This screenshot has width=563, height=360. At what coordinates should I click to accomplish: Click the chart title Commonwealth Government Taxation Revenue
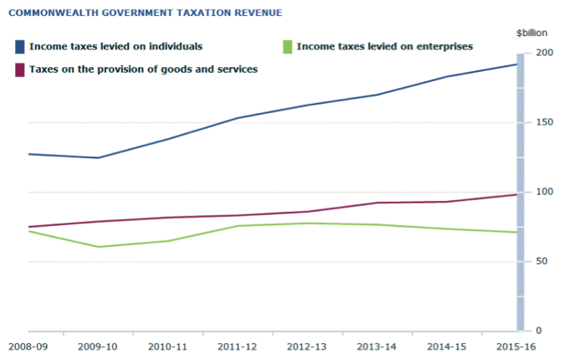pos(143,13)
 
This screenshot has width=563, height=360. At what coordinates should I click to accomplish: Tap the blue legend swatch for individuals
pos(19,46)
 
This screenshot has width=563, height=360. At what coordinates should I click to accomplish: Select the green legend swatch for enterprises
pos(287,46)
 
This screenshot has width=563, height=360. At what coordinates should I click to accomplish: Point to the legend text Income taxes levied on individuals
pos(115,46)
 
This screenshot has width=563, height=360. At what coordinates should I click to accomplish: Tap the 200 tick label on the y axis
pos(544,53)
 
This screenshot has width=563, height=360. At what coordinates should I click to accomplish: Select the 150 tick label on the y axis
pos(544,122)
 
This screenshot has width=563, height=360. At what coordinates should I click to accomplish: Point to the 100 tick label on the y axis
pos(544,192)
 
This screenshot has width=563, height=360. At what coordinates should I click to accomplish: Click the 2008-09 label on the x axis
pos(28,345)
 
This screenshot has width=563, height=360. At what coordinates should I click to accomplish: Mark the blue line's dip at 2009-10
pos(99,157)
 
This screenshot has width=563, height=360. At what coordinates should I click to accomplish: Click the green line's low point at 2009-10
pos(99,247)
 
